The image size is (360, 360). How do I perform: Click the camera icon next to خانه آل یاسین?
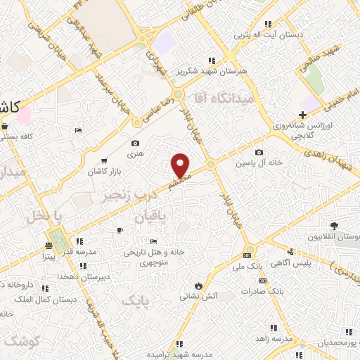[x=259, y=153]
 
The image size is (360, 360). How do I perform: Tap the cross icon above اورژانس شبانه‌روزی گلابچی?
[x=302, y=115]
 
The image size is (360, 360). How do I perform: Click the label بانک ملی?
[x=247, y=266]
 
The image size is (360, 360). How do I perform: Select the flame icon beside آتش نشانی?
[x=199, y=285]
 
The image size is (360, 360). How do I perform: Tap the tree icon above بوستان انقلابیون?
[x=333, y=226]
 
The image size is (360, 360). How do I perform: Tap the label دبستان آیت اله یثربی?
[x=271, y=34]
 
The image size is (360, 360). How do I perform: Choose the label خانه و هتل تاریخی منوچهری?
[x=154, y=255]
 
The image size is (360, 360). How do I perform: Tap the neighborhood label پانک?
[x=136, y=301]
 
